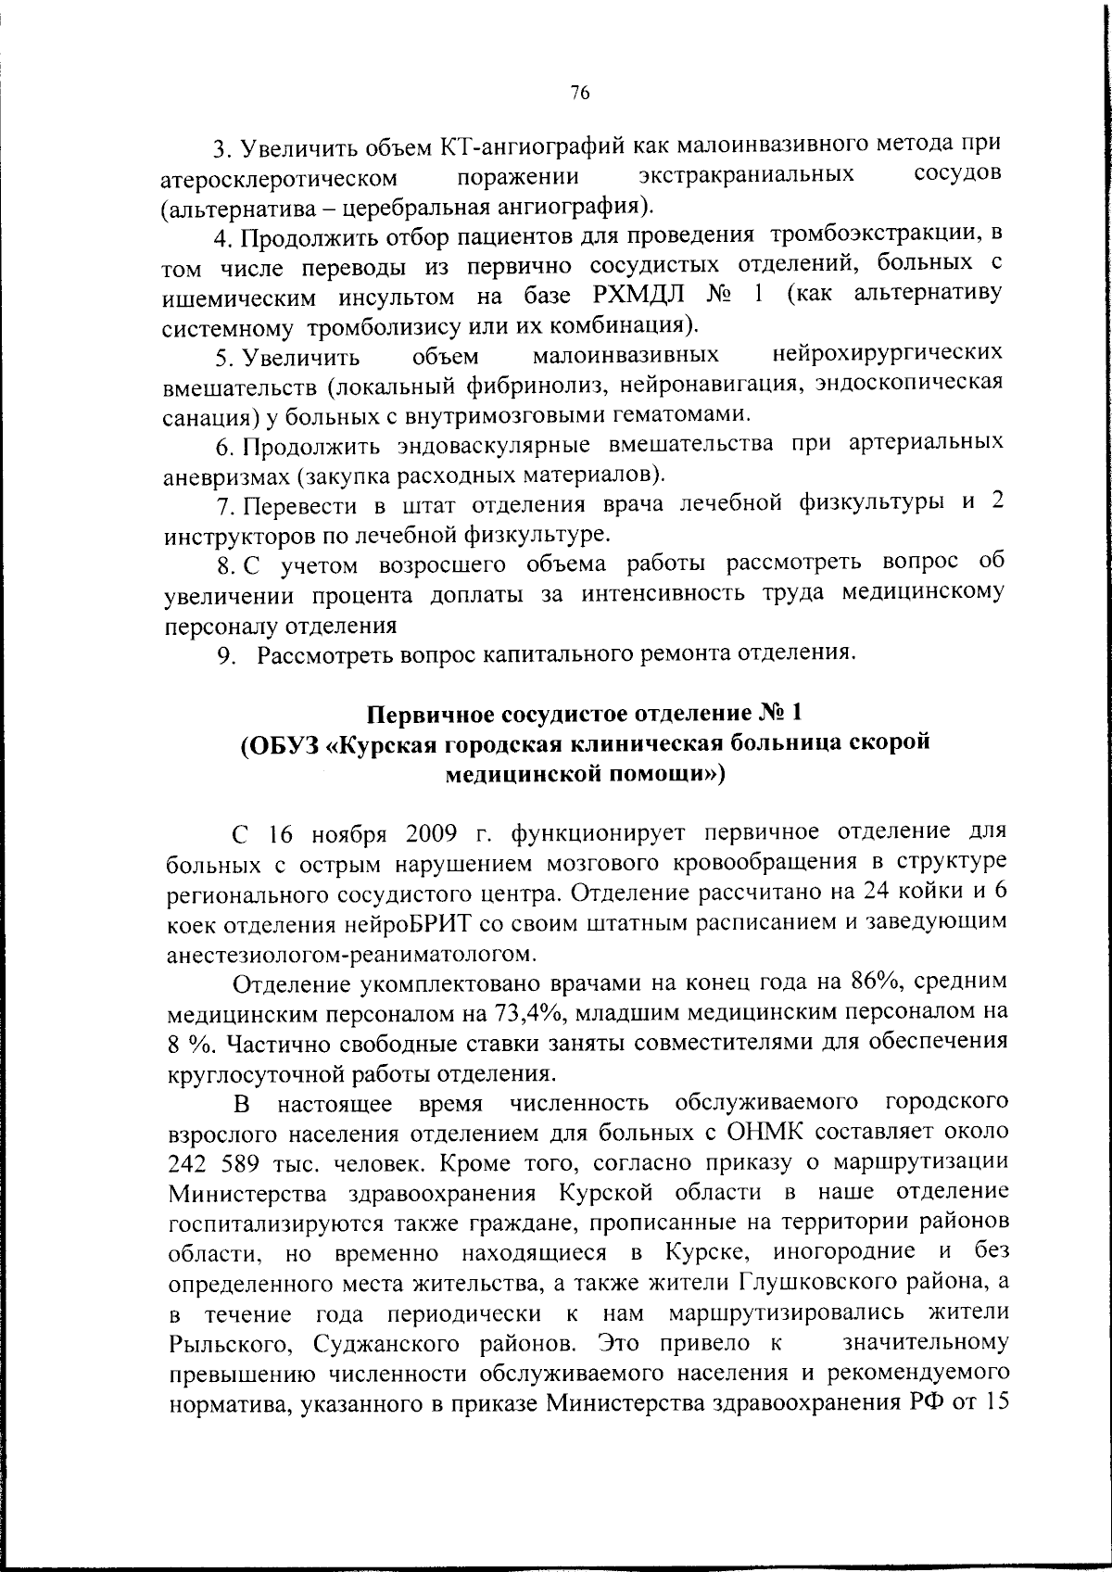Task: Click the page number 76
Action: tap(580, 93)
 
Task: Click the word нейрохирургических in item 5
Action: tap(888, 354)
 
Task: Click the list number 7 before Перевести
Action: tap(222, 506)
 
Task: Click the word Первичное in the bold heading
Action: tap(432, 715)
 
